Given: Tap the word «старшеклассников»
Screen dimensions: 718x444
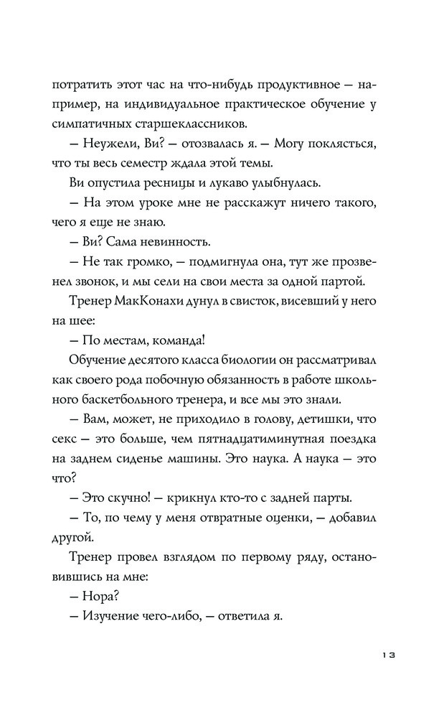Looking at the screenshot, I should pos(181,123).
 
